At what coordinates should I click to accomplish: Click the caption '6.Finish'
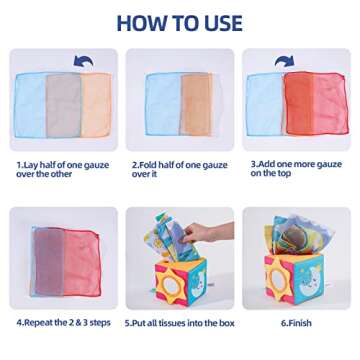(x=297, y=322)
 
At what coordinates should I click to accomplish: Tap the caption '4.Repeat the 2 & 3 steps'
(x=62, y=322)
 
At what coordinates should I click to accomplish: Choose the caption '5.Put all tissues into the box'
(x=180, y=322)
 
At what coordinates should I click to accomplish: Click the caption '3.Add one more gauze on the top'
(x=296, y=167)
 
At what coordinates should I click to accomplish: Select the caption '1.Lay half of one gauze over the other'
(x=62, y=167)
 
